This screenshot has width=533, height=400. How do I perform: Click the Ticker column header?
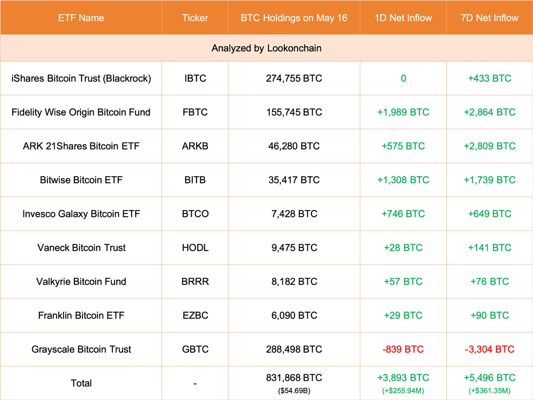[195, 18]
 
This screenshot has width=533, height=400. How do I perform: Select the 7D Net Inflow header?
[490, 18]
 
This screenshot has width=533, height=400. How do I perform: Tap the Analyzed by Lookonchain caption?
[266, 48]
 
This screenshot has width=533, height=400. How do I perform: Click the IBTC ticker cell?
[195, 79]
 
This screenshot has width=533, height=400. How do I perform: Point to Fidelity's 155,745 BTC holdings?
[294, 112]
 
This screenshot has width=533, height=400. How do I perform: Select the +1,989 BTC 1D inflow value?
[403, 112]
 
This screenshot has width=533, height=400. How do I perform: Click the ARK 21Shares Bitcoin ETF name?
[81, 146]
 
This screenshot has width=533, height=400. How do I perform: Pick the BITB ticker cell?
[195, 180]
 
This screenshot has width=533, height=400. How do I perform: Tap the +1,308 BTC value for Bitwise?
[403, 180]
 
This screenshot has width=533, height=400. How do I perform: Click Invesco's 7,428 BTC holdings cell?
[294, 214]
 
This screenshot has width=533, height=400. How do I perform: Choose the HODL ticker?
[195, 248]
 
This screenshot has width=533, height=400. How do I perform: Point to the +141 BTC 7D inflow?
[490, 248]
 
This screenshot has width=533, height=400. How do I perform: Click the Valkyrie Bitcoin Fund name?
[81, 281]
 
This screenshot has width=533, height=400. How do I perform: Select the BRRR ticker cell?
[195, 281]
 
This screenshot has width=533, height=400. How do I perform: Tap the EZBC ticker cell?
[195, 316]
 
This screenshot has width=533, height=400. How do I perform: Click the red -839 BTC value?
[403, 349]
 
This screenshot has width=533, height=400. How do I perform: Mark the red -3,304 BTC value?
[490, 349]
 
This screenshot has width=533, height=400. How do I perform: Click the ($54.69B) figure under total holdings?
[294, 391]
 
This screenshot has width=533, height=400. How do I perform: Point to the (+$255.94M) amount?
[403, 391]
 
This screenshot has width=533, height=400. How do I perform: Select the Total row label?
[81, 383]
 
